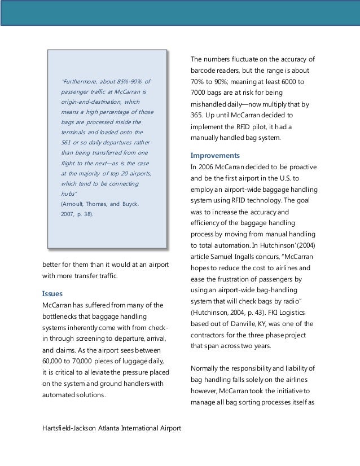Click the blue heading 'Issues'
[x=52, y=293]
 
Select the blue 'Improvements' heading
[x=215, y=155]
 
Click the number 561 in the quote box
[x=68, y=142]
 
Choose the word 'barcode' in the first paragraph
[x=206, y=71]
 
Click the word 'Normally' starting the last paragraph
[x=208, y=368]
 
